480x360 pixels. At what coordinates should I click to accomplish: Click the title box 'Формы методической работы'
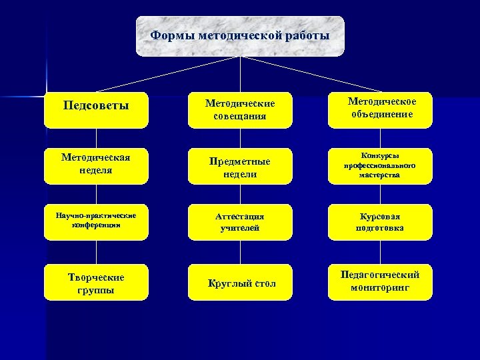(x=240, y=36)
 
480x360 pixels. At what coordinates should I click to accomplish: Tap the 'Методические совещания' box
(x=240, y=110)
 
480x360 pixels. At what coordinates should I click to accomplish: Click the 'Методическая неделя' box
(x=96, y=165)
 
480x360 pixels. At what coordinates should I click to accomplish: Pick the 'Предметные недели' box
(x=240, y=166)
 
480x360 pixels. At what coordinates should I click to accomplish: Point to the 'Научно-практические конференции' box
(x=96, y=221)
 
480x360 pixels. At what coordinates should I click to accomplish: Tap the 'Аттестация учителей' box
(x=240, y=222)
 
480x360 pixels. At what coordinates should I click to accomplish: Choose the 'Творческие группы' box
(x=96, y=283)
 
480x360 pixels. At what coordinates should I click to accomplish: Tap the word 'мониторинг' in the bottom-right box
(x=380, y=289)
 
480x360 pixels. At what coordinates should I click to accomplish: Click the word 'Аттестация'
(x=240, y=216)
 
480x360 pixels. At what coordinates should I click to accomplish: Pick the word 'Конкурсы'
(x=380, y=155)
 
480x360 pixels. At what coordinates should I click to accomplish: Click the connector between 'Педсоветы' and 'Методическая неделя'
(x=96, y=138)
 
